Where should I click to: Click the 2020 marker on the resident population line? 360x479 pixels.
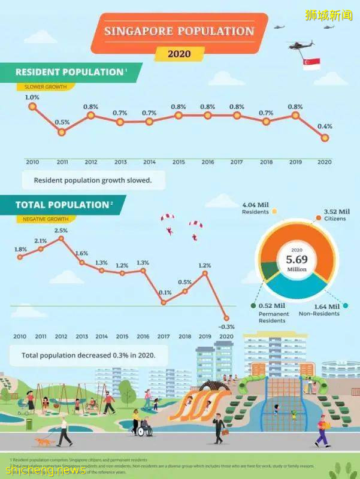point(325,138)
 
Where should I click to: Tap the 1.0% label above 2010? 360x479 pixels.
point(32,97)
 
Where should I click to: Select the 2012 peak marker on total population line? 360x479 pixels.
point(61,238)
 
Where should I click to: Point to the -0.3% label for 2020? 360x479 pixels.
point(226,327)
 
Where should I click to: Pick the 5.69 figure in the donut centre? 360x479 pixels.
point(297,260)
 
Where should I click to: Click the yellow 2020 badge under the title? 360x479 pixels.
point(179,54)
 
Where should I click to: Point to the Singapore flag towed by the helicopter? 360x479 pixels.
point(311,64)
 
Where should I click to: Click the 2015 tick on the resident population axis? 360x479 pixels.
point(178,162)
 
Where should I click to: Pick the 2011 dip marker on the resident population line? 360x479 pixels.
point(61,131)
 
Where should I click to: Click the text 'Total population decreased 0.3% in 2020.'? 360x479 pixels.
point(88,355)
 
